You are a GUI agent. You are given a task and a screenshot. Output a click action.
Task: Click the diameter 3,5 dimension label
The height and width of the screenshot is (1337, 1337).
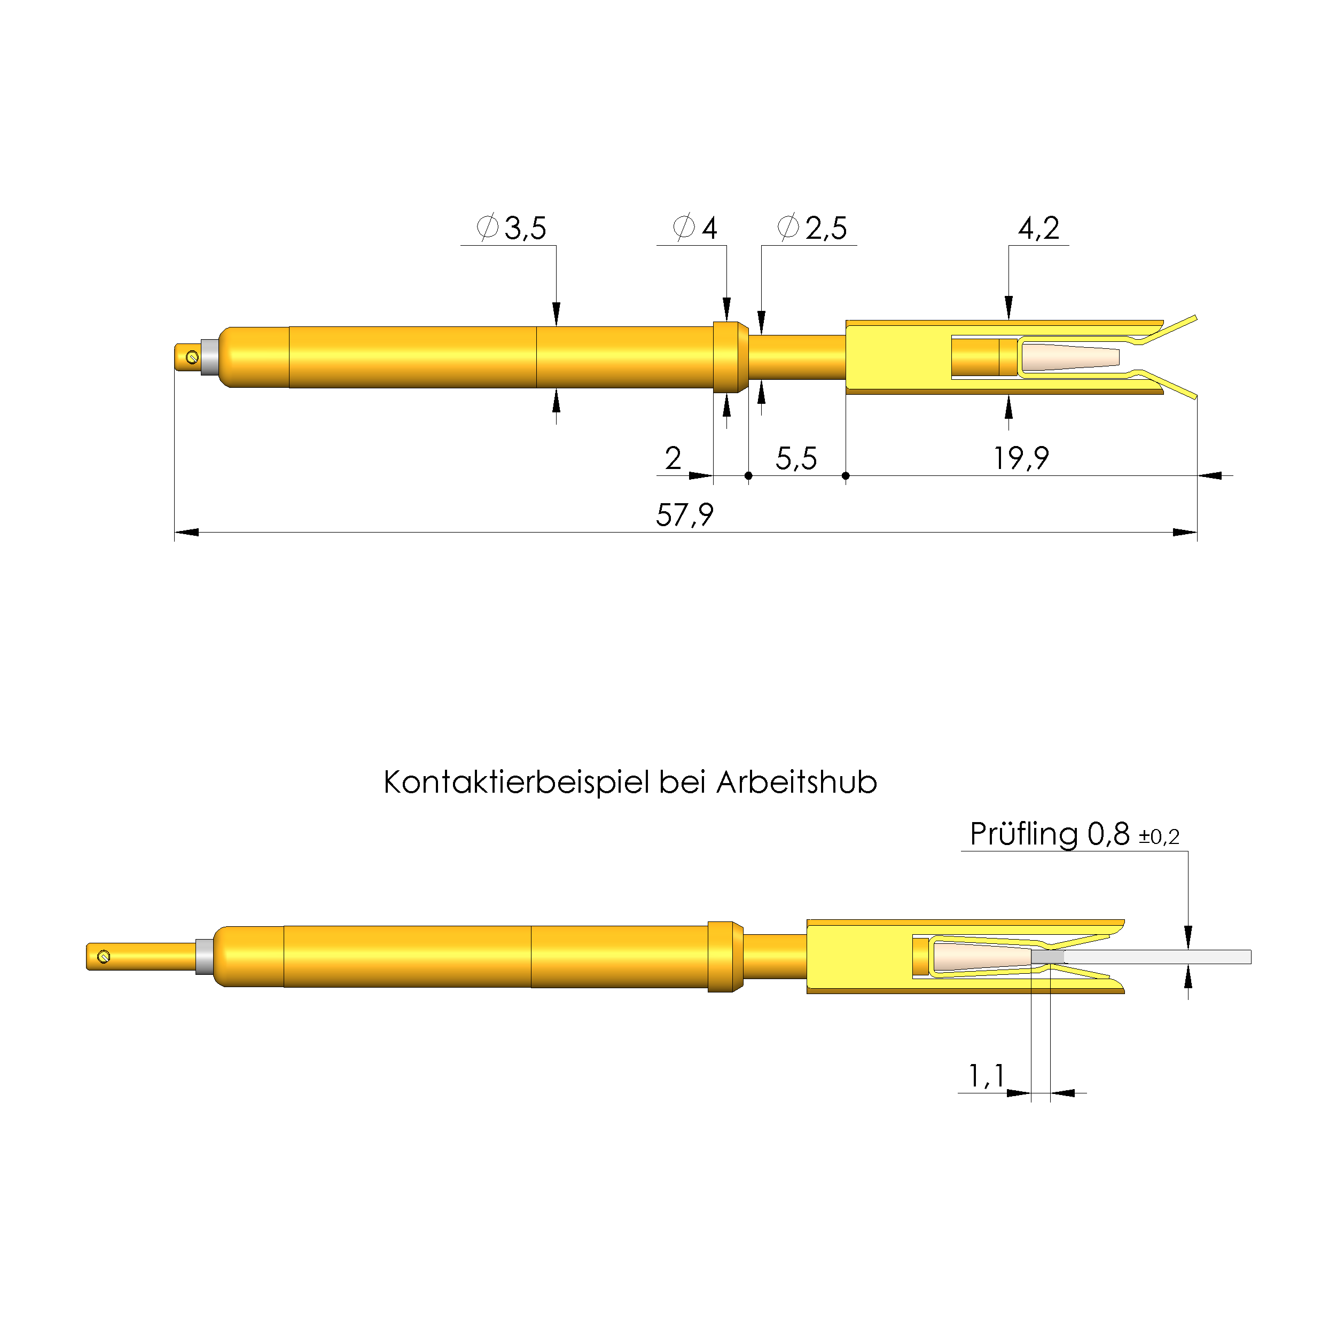tap(512, 228)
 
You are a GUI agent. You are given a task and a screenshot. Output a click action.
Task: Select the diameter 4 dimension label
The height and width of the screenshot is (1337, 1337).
tap(695, 228)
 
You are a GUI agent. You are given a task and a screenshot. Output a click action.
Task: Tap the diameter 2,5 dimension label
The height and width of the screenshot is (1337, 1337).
tap(812, 228)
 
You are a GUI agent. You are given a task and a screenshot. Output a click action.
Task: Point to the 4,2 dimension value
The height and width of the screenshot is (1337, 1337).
tap(1038, 228)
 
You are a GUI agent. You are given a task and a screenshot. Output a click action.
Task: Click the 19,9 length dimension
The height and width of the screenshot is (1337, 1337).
tap(1021, 458)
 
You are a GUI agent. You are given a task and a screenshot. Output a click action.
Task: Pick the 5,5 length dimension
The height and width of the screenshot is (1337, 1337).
tap(796, 458)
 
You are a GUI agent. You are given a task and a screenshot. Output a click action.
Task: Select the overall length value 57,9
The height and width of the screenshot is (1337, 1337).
tap(684, 515)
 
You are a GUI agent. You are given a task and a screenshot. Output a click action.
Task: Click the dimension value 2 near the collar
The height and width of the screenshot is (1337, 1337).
tap(673, 458)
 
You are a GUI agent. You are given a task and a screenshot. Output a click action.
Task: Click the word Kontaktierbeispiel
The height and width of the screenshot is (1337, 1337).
tap(516, 783)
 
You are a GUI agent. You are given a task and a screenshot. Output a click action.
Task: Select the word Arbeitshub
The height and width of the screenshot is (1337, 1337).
tap(796, 783)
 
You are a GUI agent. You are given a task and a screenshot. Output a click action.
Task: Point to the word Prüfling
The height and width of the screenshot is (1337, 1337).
tap(1023, 834)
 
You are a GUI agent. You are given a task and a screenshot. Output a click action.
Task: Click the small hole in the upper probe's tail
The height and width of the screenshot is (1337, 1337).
tap(192, 357)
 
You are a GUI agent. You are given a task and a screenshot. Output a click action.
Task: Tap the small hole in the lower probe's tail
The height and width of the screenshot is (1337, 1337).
tap(104, 956)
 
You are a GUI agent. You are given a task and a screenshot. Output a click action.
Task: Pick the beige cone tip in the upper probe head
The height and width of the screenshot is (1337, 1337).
tap(1069, 357)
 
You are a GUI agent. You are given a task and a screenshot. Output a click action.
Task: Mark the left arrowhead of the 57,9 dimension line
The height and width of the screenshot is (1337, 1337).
tap(185, 532)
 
